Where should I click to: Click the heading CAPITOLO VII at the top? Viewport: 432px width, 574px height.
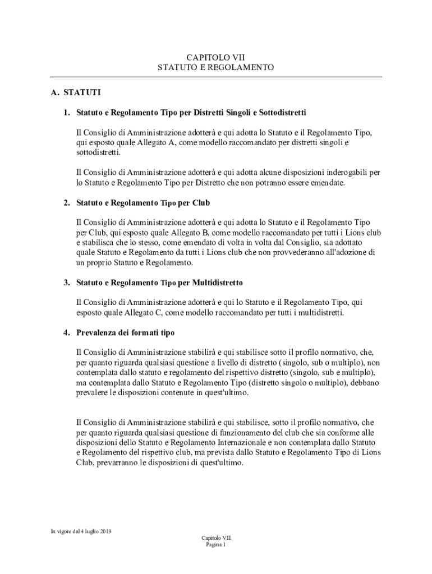216,57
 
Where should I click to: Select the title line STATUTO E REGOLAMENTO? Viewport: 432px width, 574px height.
216,67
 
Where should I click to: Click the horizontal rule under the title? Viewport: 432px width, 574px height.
216,77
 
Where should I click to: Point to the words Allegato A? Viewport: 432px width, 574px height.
156,143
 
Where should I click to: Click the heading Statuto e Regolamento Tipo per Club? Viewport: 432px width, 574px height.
143,202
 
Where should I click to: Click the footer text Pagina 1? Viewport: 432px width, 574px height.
216,544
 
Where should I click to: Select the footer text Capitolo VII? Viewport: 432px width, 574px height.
216,538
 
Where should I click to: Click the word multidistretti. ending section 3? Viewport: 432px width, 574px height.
318,312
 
